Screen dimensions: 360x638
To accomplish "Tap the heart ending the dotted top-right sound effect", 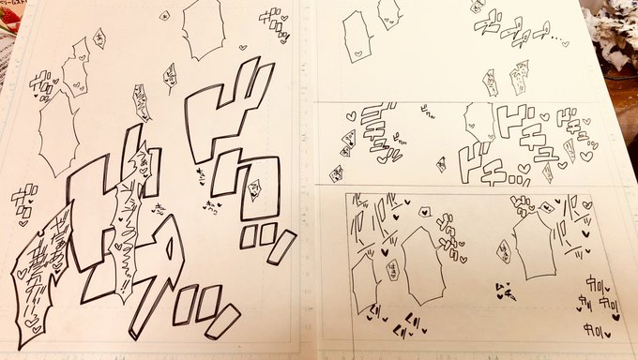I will [568, 42].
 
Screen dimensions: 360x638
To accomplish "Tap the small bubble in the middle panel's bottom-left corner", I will [336, 173].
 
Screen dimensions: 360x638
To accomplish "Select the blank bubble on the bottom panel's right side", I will [536, 246].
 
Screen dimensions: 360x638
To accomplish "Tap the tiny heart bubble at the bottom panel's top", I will [424, 212].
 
